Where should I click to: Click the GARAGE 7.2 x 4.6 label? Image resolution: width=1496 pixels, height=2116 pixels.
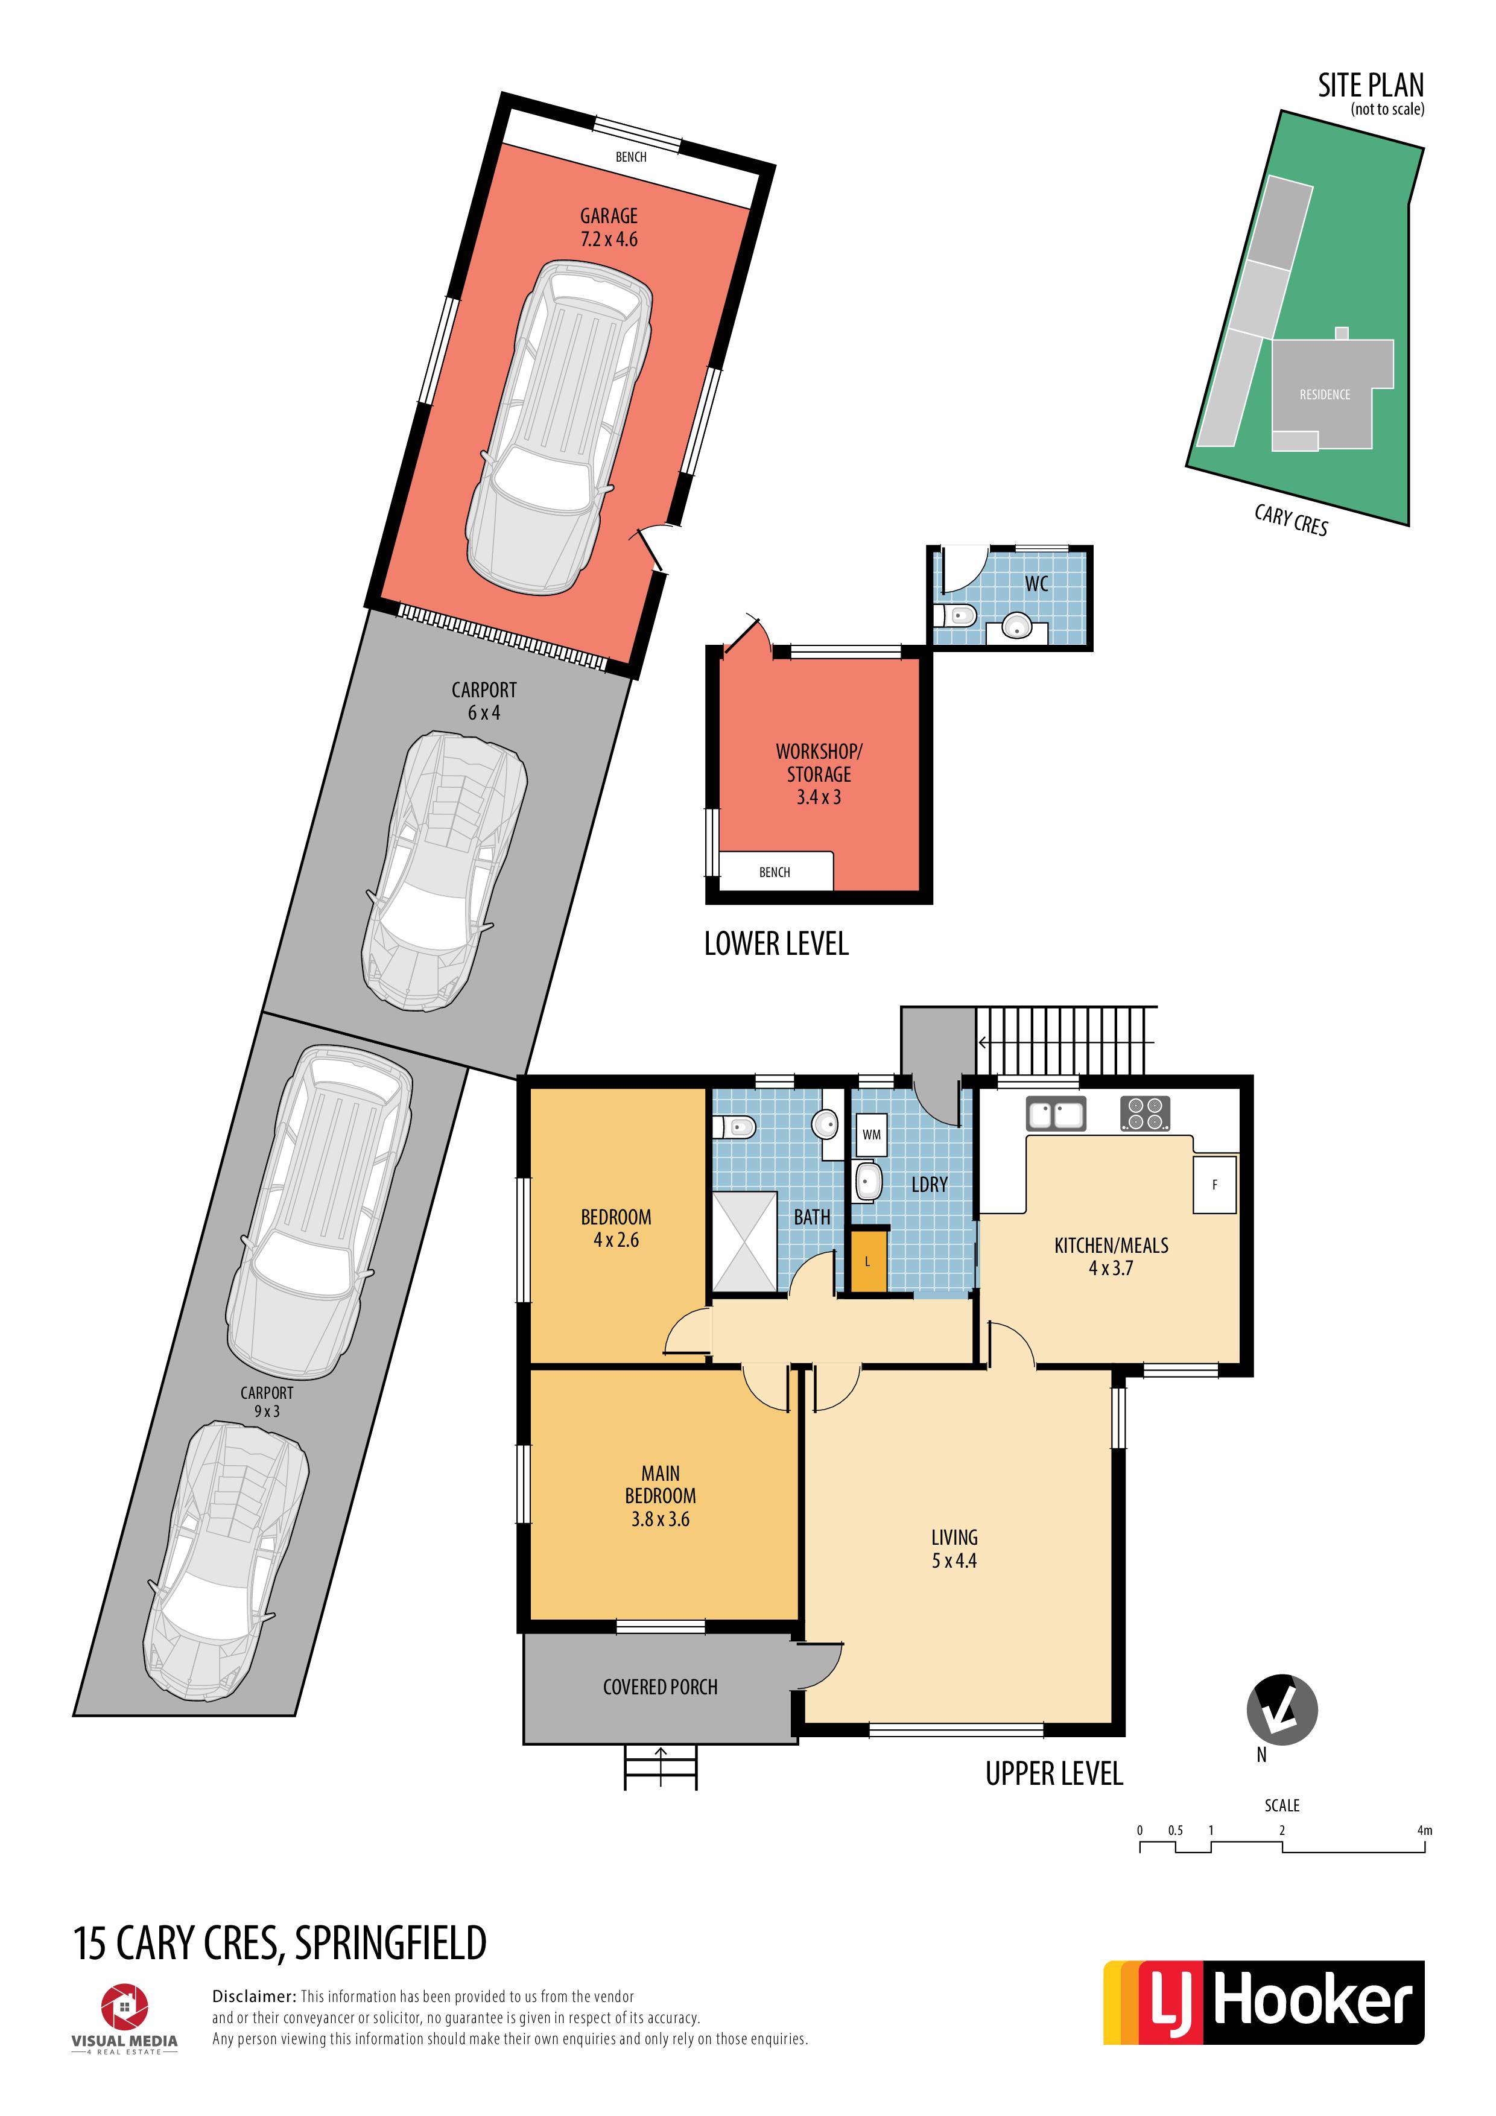tap(609, 227)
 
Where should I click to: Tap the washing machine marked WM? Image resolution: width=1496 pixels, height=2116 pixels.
tap(871, 1135)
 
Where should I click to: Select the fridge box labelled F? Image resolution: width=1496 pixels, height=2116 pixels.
tap(1214, 1184)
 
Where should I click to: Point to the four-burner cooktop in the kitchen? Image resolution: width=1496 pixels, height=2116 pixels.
tap(1145, 1113)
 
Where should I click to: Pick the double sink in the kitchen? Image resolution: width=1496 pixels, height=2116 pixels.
tap(1056, 1114)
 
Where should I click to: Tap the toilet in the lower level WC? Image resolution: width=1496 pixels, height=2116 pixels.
tap(955, 615)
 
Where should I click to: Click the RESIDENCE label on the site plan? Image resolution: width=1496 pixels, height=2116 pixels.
tap(1325, 394)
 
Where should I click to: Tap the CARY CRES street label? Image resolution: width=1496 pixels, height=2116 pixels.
tap(1290, 520)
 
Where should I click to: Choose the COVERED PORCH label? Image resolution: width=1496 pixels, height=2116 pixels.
tap(660, 1687)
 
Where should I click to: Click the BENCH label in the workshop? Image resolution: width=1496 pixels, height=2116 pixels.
tap(775, 872)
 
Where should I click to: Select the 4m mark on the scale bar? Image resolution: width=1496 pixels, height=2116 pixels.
tap(1424, 1830)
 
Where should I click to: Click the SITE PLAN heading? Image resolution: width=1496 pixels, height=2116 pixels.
tap(1371, 86)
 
